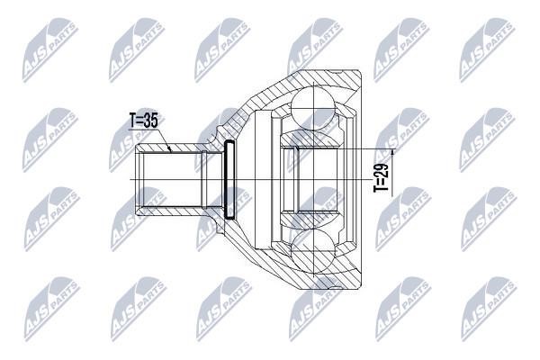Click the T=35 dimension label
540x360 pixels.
pyautogui.click(x=144, y=121)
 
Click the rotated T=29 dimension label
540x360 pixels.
pyautogui.click(x=382, y=177)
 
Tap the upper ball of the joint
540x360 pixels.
pyautogui.click(x=313, y=106)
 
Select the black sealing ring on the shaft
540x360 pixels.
pyautogui.click(x=229, y=179)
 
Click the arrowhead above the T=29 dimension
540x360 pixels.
pyautogui.click(x=393, y=153)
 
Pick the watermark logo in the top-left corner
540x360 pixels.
pyautogui.click(x=50, y=50)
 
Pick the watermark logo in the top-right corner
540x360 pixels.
pyautogui.click(x=487, y=50)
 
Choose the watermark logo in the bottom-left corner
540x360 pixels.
pyautogui.click(x=52, y=309)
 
